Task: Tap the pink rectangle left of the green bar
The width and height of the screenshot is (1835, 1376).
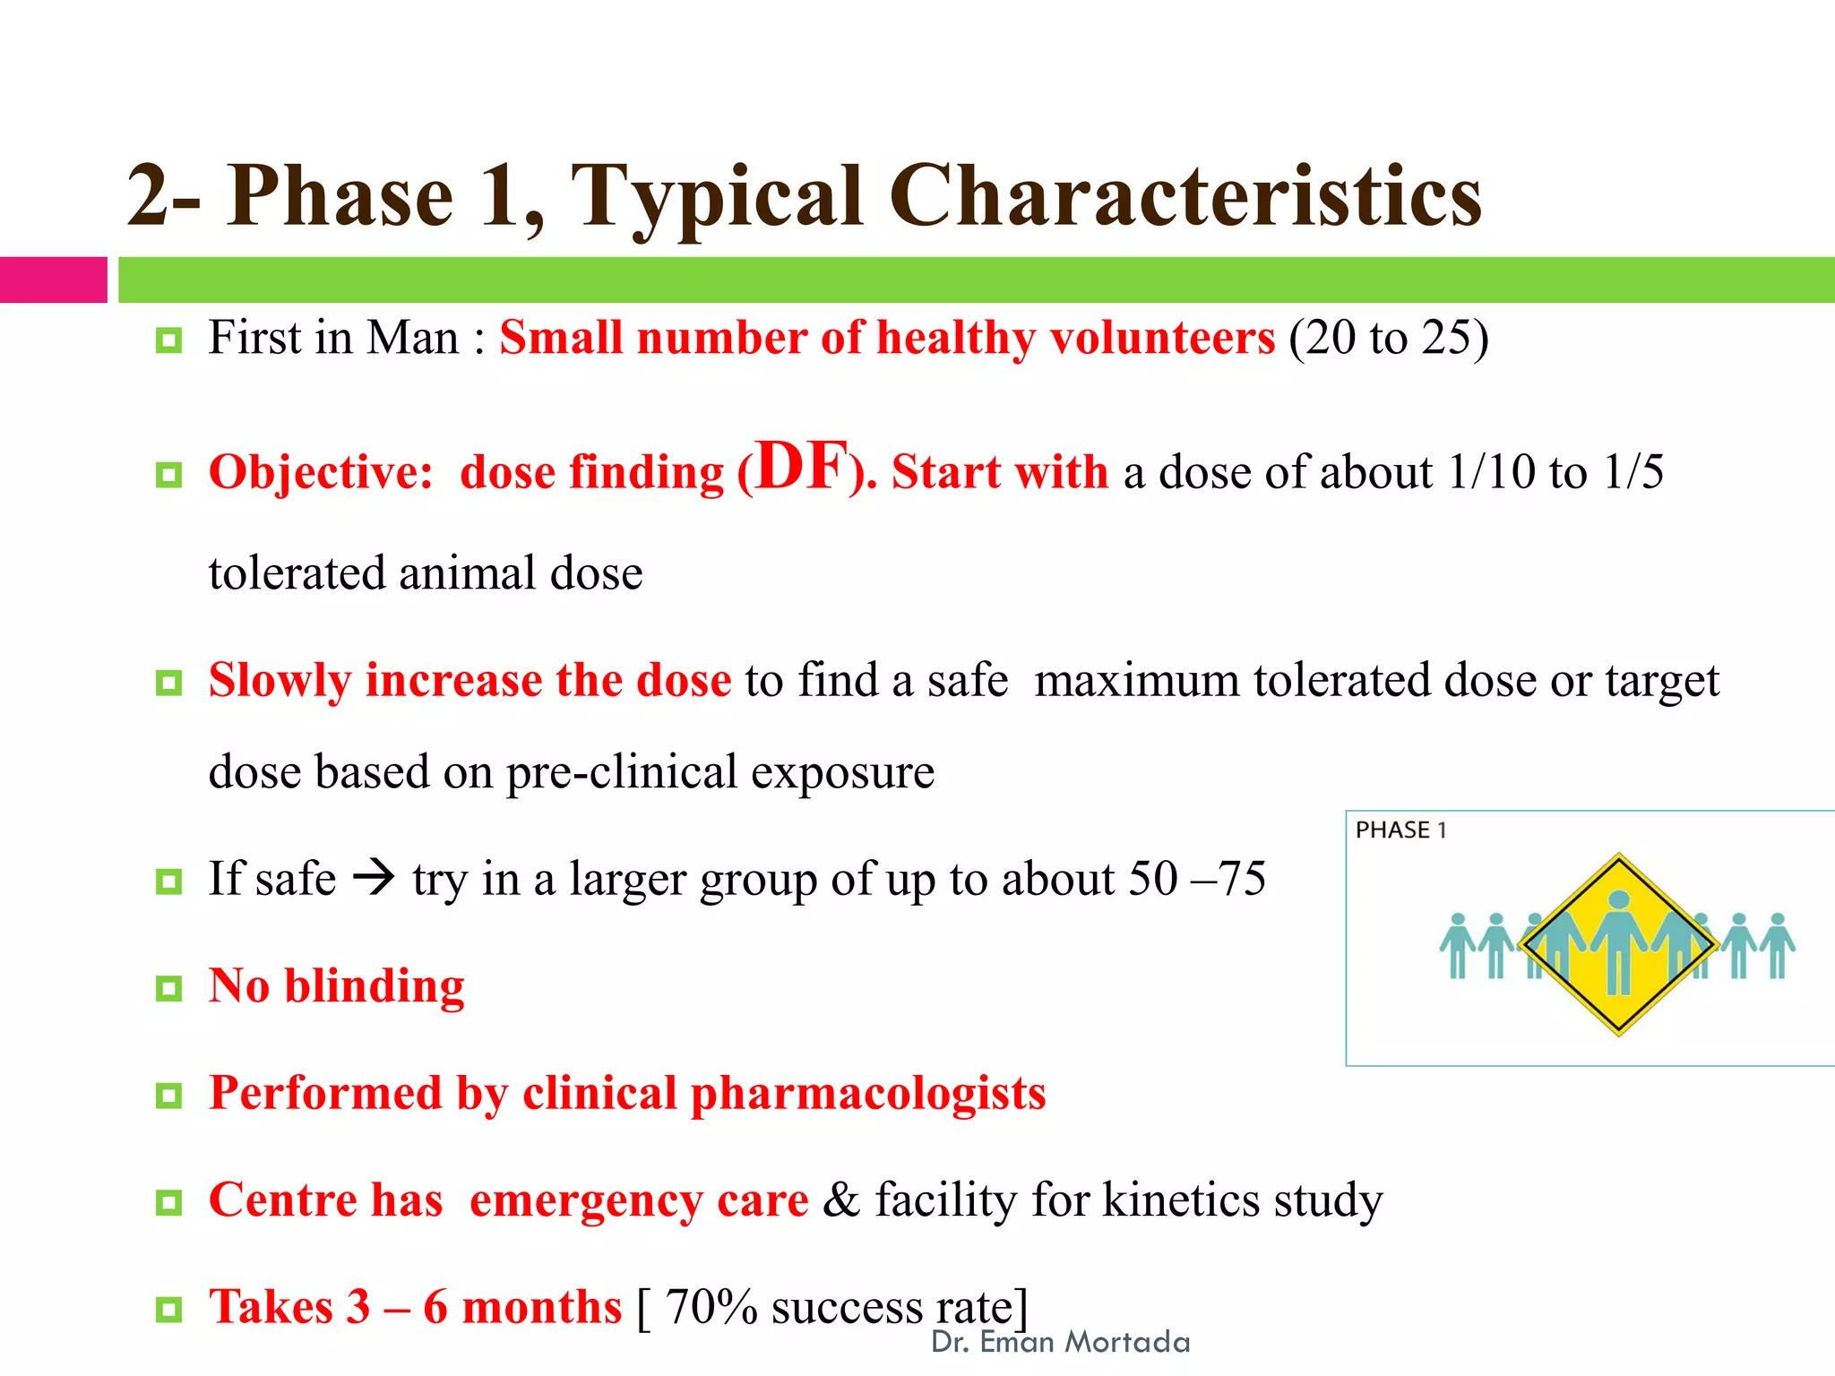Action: pyautogui.click(x=53, y=279)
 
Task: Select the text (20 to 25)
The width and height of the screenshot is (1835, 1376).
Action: pyautogui.click(x=1388, y=339)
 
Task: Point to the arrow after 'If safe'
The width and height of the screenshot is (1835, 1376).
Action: pyautogui.click(x=374, y=878)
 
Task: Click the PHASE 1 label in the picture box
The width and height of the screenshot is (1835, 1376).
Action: pyautogui.click(x=1400, y=830)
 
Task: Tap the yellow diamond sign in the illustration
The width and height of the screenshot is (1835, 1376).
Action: pyautogui.click(x=1618, y=944)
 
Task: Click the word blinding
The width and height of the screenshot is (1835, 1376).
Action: pyautogui.click(x=375, y=985)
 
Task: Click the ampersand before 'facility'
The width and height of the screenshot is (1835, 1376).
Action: pyautogui.click(x=840, y=1200)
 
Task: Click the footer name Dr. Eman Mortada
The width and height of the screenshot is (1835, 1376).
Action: pyautogui.click(x=1060, y=1342)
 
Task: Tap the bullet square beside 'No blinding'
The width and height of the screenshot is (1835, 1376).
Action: pyautogui.click(x=168, y=989)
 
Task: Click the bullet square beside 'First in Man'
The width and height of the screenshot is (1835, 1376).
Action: pyautogui.click(x=168, y=340)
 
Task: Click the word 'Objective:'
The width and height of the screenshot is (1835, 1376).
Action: pyautogui.click(x=321, y=472)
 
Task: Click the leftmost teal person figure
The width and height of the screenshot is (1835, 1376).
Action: pyautogui.click(x=1458, y=945)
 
